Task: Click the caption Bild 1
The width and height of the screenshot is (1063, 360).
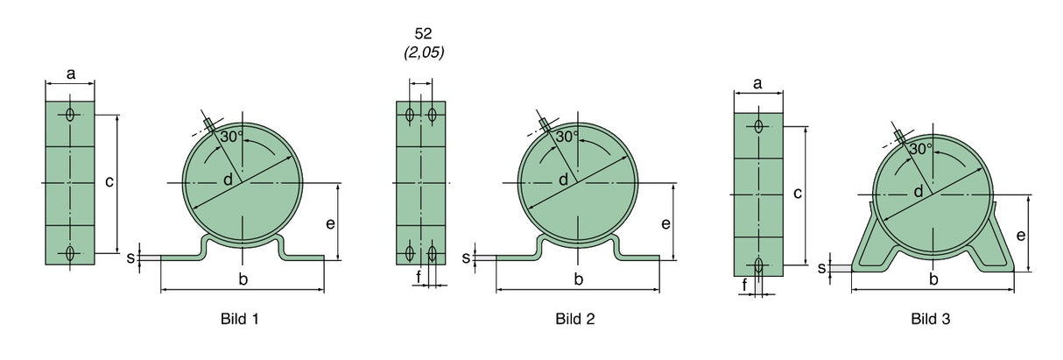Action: (x=239, y=319)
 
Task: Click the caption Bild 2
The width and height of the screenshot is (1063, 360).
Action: (x=574, y=319)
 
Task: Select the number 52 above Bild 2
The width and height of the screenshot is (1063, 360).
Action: (x=424, y=34)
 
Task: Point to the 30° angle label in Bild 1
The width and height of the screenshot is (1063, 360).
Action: (x=232, y=138)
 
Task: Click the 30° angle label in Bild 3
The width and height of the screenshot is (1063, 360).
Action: (x=920, y=149)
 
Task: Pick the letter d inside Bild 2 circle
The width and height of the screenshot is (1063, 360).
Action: (x=563, y=180)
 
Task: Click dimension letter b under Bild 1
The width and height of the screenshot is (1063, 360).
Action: (x=243, y=279)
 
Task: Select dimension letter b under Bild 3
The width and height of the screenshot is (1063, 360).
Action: (x=933, y=279)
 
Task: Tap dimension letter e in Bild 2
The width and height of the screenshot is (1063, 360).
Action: (x=666, y=223)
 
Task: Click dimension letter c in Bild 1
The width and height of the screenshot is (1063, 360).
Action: (x=109, y=182)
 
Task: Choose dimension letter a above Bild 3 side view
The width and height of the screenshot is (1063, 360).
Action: (x=757, y=84)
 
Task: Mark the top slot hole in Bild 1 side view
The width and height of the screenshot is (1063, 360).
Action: (x=70, y=114)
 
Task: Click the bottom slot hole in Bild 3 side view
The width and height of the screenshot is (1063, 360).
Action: (x=758, y=265)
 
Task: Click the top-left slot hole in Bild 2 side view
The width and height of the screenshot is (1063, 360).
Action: (x=411, y=114)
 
